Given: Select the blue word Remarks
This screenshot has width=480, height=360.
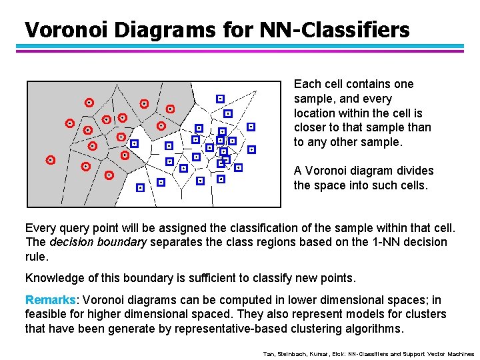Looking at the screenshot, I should [x=50, y=301].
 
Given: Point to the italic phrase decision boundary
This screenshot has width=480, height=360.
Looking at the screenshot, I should [x=98, y=243].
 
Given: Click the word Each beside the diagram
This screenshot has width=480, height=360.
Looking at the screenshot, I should [x=307, y=84].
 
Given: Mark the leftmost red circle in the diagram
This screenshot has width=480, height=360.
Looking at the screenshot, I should [x=51, y=160].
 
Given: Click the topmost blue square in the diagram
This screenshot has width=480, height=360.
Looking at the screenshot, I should [x=220, y=98].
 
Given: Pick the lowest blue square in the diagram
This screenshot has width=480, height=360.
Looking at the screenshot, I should [x=140, y=188].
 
